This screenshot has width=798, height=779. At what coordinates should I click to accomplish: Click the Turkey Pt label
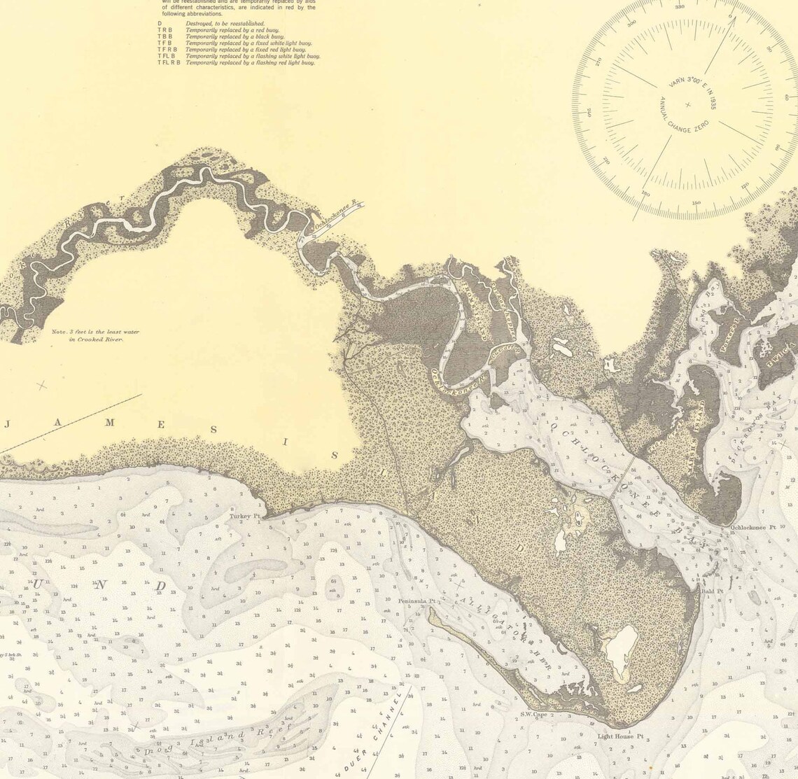[244, 517]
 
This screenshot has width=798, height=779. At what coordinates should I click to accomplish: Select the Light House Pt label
[615, 736]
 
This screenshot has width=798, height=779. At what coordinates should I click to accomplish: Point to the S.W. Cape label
[533, 714]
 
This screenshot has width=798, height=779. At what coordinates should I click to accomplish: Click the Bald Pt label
[711, 591]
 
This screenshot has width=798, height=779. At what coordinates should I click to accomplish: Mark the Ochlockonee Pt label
[753, 527]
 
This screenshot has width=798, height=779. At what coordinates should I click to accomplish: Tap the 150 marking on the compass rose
[696, 203]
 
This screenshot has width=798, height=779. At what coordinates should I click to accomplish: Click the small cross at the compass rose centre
[687, 105]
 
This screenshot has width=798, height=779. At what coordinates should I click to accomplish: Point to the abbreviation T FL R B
[169, 63]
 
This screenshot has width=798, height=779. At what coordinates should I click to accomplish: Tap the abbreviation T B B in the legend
[164, 36]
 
